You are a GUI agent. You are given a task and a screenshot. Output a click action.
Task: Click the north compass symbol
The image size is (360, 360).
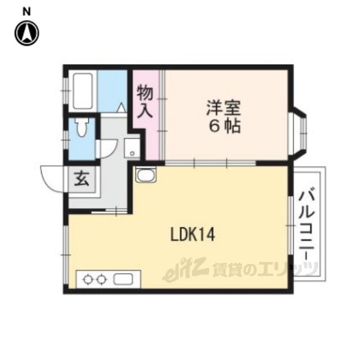pos(27,33)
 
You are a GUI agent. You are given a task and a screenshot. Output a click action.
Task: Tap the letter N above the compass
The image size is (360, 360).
pos(26,11)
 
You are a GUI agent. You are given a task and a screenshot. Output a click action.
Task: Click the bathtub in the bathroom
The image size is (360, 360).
pos(83,91)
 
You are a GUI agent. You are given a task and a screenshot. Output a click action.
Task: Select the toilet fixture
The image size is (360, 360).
pos(82,128)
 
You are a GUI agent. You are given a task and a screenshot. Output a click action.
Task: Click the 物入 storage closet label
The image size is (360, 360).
pos(145,102)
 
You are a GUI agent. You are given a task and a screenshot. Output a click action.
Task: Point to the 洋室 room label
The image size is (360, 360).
pos(224,108)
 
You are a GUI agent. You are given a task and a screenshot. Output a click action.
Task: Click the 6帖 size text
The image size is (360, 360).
pos(224,126)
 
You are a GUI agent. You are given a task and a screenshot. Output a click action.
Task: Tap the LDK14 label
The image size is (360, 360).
pos(192,234)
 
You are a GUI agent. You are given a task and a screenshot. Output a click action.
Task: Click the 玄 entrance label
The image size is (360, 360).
pos(82,179)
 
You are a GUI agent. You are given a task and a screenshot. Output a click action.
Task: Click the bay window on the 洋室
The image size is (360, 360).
pos(299,133)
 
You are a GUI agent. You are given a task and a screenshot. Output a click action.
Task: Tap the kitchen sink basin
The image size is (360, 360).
pos(123,279)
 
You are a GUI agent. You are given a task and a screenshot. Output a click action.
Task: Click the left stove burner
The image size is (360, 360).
pos(88,280)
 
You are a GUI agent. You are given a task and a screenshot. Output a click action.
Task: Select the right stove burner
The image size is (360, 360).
pos(101,280)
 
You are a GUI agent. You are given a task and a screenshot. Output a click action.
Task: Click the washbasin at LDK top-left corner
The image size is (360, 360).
pos(146,175)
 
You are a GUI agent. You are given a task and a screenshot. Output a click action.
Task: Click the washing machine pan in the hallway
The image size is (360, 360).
pos(132,148)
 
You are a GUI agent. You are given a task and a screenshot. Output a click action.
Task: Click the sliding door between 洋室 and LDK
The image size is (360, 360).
pos(210,163)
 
